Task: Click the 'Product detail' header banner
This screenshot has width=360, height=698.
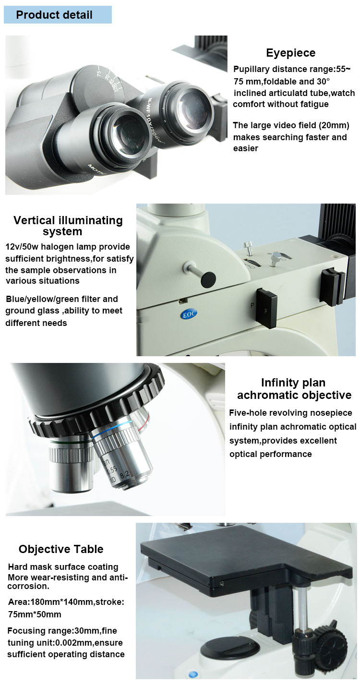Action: (58, 15)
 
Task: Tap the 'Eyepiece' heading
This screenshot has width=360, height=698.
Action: (290, 53)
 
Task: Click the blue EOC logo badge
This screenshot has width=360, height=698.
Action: (189, 314)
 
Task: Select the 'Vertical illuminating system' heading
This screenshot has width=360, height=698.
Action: (68, 226)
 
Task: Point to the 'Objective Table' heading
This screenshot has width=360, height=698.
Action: (61, 549)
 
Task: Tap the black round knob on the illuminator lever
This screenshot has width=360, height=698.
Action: (208, 279)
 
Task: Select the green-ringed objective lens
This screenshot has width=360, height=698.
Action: (71, 464)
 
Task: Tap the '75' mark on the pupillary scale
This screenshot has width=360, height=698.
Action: (99, 73)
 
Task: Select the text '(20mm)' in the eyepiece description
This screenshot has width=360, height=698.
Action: (334, 125)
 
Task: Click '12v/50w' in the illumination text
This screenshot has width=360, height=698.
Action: (22, 247)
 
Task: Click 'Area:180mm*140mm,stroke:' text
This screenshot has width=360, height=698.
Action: (66, 602)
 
